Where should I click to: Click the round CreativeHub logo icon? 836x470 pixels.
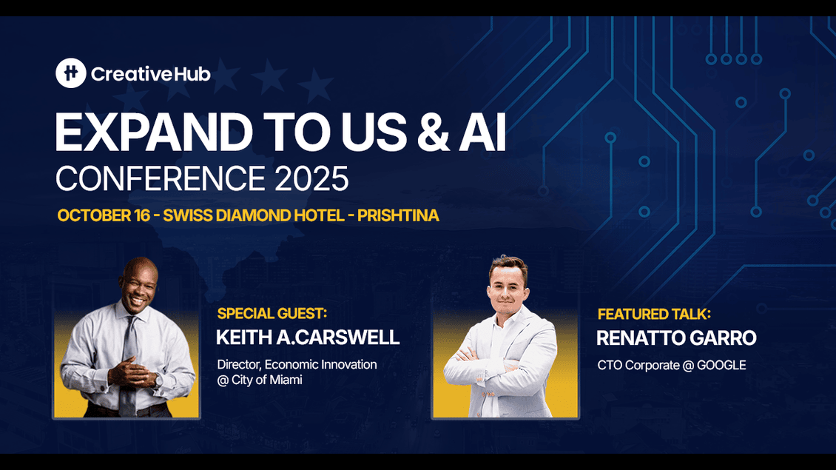pos(71,73)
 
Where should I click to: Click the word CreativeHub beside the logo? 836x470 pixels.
pos(151,74)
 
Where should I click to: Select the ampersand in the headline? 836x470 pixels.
pos(434,132)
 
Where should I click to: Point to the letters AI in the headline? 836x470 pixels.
pos(482,132)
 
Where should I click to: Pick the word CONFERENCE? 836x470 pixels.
pos(161,178)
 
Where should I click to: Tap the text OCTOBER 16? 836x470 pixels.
pos(104,215)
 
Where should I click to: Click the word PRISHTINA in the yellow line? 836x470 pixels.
pos(398,215)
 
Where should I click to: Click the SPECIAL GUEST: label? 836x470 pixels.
pos(272,314)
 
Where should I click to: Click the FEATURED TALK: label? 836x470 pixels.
pos(654,315)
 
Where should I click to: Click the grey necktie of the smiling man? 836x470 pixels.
pos(129,363)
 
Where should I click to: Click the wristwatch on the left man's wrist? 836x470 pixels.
pos(158,380)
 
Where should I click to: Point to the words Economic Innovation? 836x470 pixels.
pos(321,365)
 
